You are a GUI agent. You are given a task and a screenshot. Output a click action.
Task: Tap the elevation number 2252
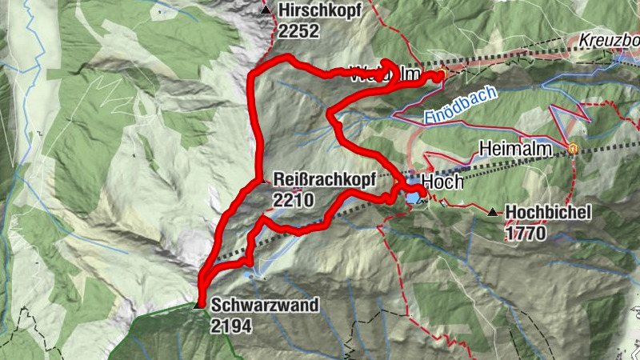(300, 31)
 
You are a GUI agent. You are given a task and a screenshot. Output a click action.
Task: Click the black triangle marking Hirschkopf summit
(266, 10)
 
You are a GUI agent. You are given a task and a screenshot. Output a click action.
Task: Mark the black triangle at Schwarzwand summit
(199, 304)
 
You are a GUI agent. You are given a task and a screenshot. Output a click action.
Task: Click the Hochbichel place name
(548, 212)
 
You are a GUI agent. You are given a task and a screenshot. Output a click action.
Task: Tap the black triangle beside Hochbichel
(493, 212)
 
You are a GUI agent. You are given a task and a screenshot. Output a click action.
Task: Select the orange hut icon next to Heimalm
(573, 148)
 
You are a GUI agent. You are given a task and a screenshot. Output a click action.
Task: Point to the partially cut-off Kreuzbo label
(609, 41)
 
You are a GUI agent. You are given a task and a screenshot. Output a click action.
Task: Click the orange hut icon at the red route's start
(440, 75)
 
